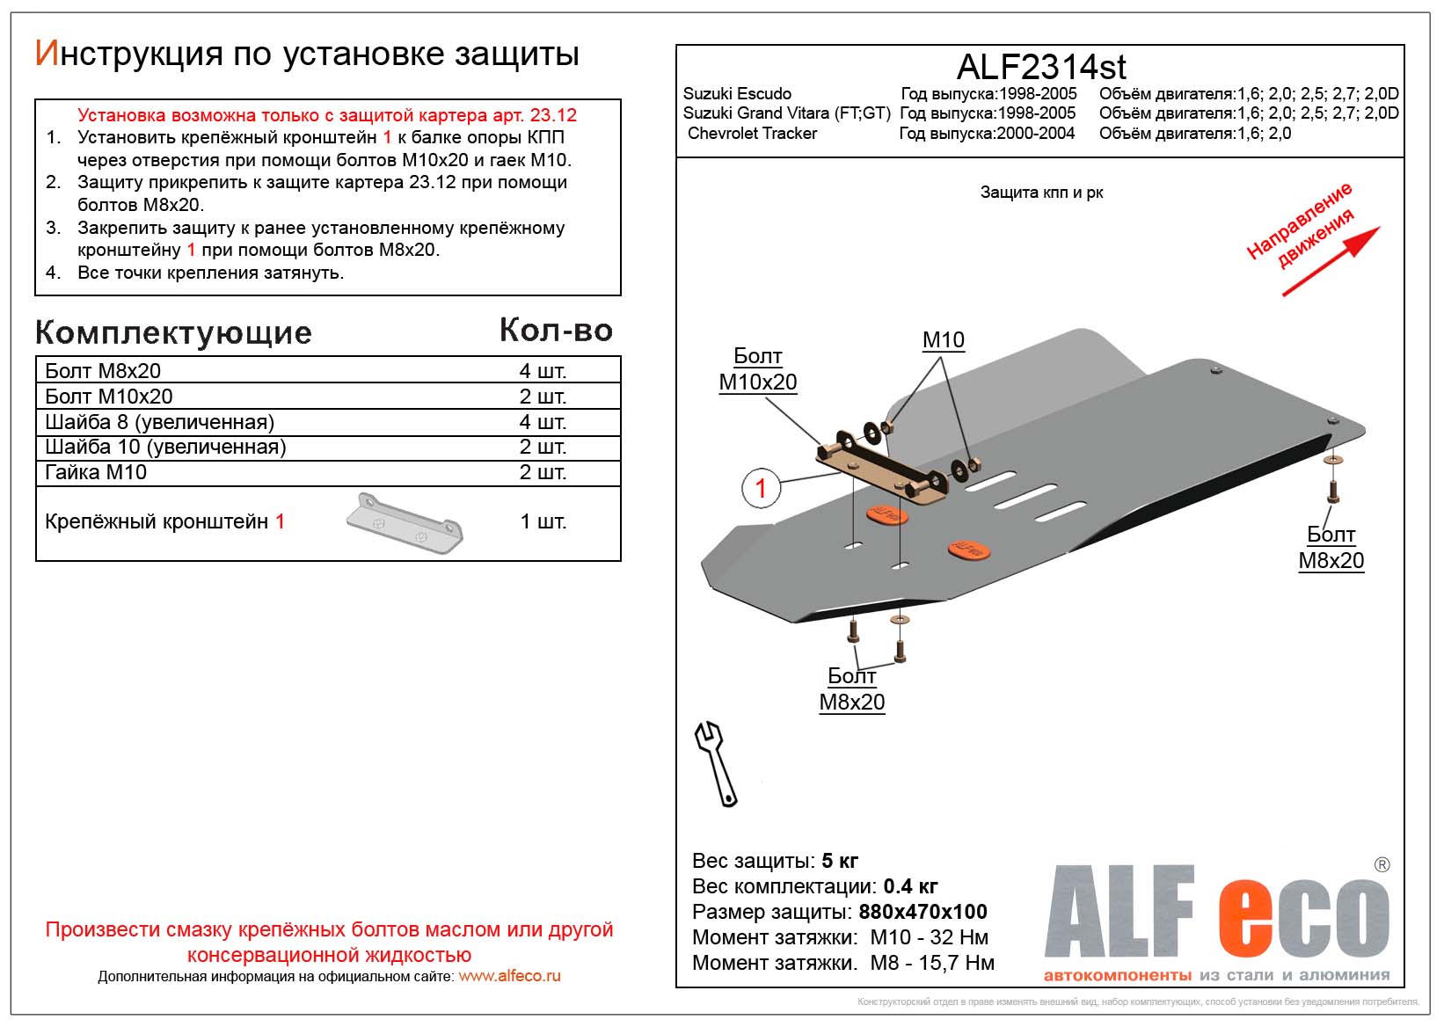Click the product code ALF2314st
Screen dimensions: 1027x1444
(1040, 67)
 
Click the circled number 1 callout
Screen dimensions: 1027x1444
(761, 488)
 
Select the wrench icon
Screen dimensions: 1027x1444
(717, 763)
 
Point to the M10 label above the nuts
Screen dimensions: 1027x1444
(943, 340)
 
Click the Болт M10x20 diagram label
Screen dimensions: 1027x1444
(757, 369)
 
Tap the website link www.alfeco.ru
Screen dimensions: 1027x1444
(509, 976)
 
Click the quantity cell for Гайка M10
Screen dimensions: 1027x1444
(542, 472)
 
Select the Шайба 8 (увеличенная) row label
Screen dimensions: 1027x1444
(159, 422)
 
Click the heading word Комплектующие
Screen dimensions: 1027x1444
(173, 333)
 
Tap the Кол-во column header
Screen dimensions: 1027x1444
(556, 331)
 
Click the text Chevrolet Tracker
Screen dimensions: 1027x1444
(752, 134)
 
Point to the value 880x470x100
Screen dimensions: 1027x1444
(923, 912)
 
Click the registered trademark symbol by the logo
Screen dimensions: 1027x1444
(1382, 864)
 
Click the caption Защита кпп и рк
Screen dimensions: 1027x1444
(1041, 193)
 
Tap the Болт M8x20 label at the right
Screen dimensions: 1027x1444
(1331, 548)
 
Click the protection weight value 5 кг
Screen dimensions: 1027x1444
(839, 861)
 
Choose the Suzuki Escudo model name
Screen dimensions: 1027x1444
(737, 94)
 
